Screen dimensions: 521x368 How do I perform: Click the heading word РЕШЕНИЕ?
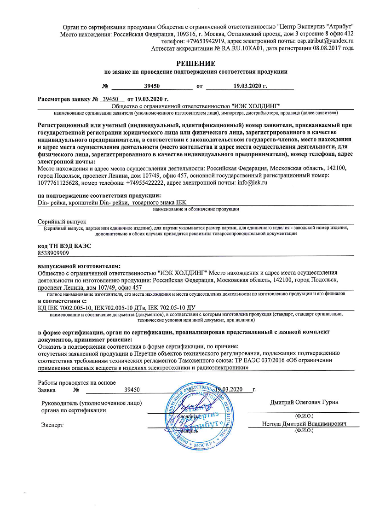(195, 63)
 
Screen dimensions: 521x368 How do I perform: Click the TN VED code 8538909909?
(53, 253)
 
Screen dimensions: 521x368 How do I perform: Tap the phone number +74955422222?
(143, 183)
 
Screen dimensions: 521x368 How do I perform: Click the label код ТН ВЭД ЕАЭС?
(64, 246)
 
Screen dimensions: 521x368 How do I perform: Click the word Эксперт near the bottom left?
(52, 424)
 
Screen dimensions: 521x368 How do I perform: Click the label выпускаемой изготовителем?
(78, 266)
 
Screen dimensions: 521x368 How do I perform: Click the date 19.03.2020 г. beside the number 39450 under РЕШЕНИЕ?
(250, 86)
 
